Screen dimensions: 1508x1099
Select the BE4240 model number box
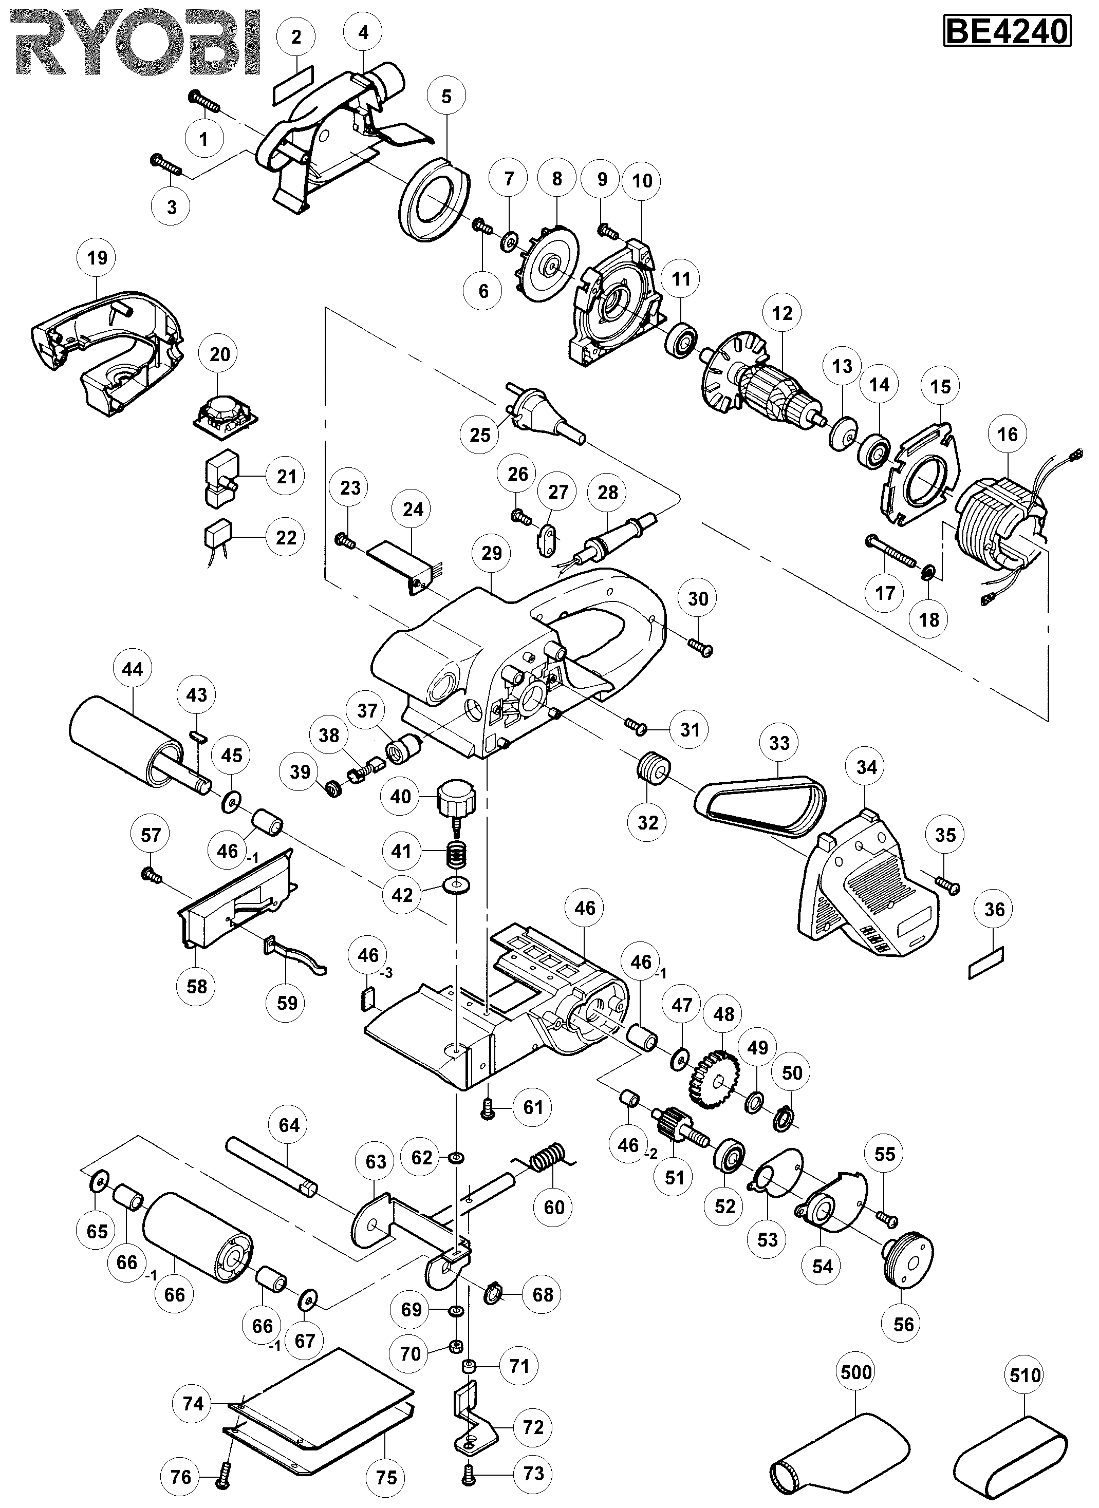[x=1007, y=32]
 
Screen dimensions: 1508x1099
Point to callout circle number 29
[x=492, y=553]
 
